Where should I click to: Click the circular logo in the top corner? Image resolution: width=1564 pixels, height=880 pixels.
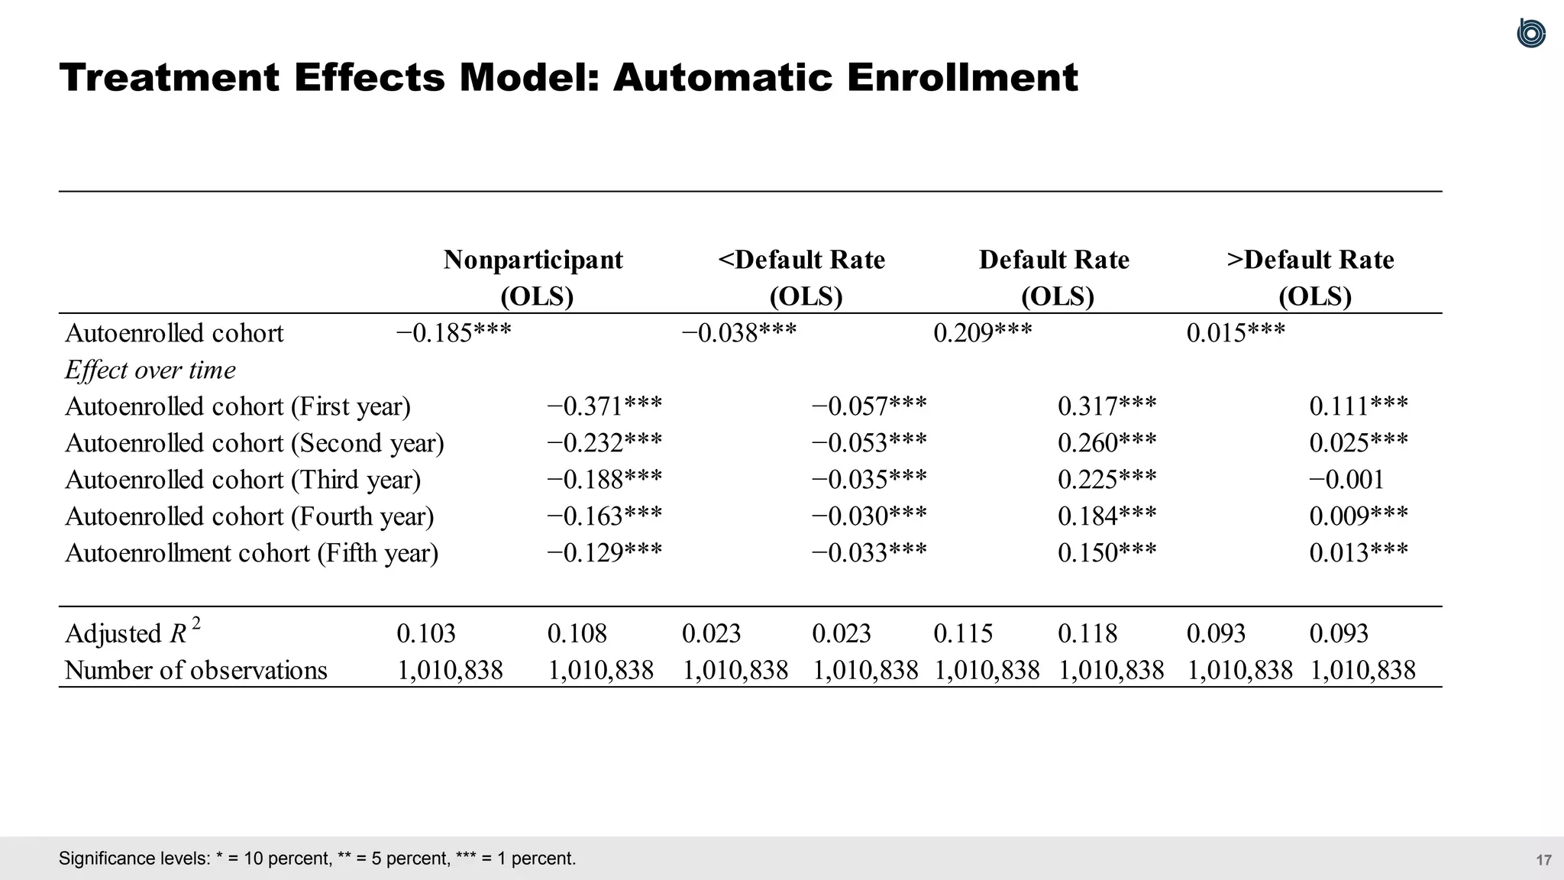point(1530,34)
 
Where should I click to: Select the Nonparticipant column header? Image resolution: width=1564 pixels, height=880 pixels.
point(533,260)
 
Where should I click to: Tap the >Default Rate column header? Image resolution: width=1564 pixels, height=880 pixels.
point(1310,260)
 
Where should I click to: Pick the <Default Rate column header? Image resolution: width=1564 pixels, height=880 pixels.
point(802,260)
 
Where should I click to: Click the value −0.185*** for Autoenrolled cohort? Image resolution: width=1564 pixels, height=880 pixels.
point(454,333)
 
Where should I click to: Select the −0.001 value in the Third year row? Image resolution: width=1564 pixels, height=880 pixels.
point(1346,480)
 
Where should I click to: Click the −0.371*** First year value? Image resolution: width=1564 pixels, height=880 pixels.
point(604,406)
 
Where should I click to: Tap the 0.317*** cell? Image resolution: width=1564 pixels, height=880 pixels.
point(1107,406)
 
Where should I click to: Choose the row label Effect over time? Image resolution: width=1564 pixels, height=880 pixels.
point(150,370)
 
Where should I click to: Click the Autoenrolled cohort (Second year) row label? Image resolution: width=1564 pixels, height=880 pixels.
point(254,443)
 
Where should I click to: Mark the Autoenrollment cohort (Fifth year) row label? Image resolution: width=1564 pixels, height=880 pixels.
point(252,553)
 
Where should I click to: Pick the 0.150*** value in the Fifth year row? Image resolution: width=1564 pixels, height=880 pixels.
point(1107,553)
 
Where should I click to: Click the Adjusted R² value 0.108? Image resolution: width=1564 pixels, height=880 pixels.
point(577,633)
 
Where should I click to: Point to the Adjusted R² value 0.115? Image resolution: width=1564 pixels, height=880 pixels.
point(963,633)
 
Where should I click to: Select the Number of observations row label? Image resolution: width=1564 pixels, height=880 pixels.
point(196,670)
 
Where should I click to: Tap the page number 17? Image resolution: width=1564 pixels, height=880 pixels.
point(1543,860)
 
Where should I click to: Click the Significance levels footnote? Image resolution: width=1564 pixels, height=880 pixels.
point(317,859)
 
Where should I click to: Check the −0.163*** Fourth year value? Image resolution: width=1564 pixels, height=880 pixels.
point(604,516)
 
